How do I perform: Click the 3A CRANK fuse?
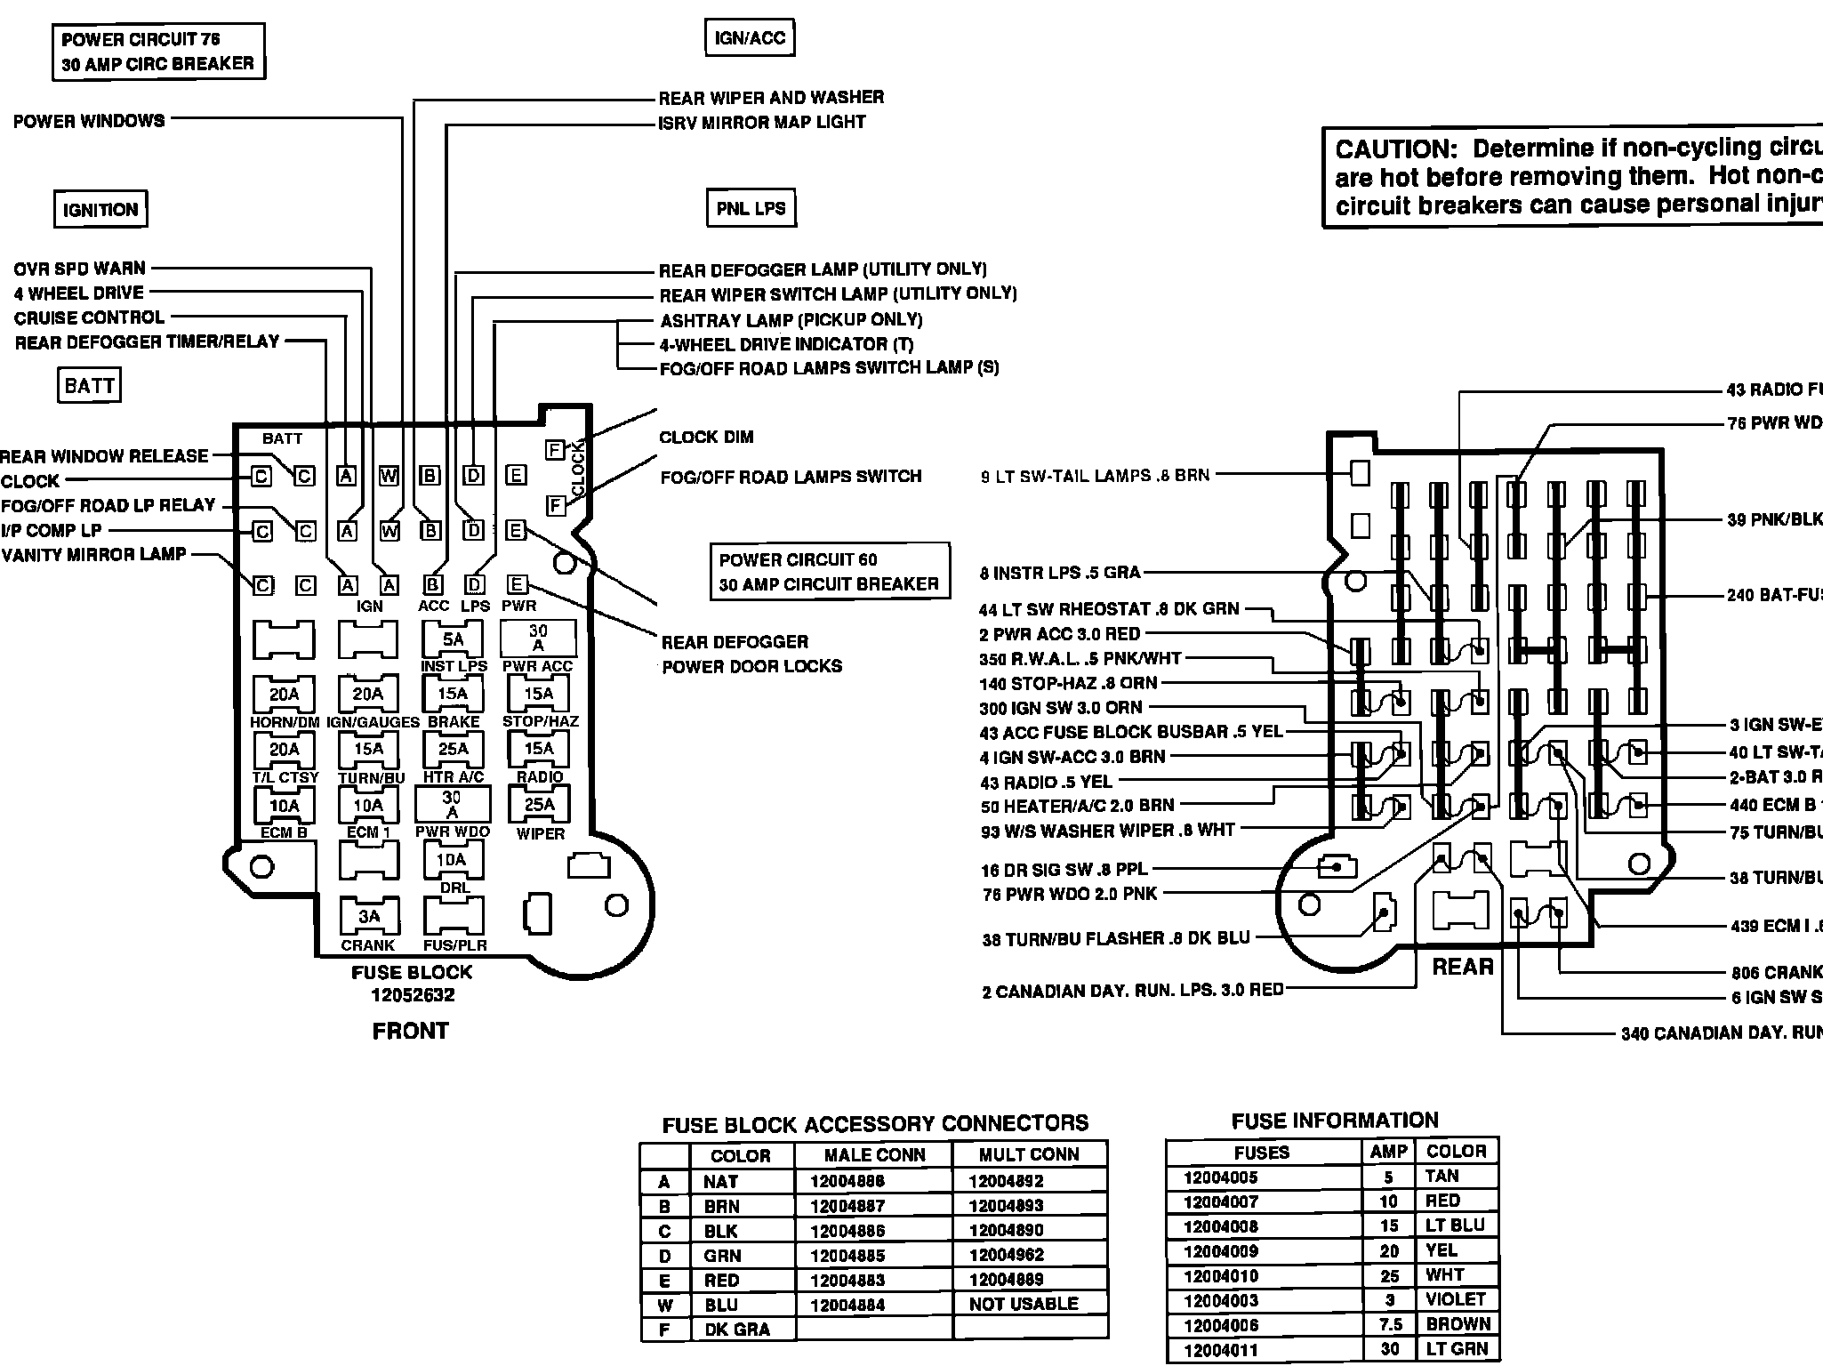tap(368, 916)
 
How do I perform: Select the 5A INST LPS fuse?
tap(453, 639)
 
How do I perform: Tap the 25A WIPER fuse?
tap(539, 805)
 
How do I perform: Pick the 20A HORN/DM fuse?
tap(284, 694)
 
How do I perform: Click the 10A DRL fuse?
tap(453, 860)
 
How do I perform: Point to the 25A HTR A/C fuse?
tap(453, 750)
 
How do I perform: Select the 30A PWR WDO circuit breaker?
tap(452, 805)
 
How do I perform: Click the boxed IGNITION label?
tap(100, 210)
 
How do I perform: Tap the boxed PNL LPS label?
tap(751, 209)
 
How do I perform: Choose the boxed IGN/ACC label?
tap(750, 38)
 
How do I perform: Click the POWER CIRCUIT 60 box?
tap(829, 572)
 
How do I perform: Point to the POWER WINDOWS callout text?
tap(89, 121)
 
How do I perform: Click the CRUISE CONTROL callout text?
tap(89, 317)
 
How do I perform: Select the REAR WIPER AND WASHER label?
tap(771, 97)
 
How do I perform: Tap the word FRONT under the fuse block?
tap(410, 1031)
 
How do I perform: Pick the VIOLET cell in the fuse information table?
tap(1455, 1299)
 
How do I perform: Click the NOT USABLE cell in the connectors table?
tap(1024, 1304)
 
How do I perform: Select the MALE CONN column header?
tap(874, 1155)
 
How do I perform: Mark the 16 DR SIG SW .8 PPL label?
tap(1064, 869)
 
